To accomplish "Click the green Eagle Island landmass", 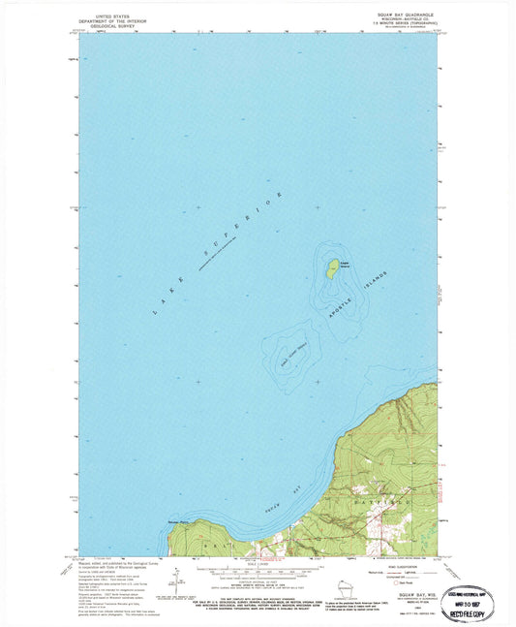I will click(331, 267).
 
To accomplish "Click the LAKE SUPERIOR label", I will click(217, 254).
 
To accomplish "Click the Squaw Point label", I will click(181, 524).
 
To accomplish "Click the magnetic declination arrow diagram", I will click(177, 585).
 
